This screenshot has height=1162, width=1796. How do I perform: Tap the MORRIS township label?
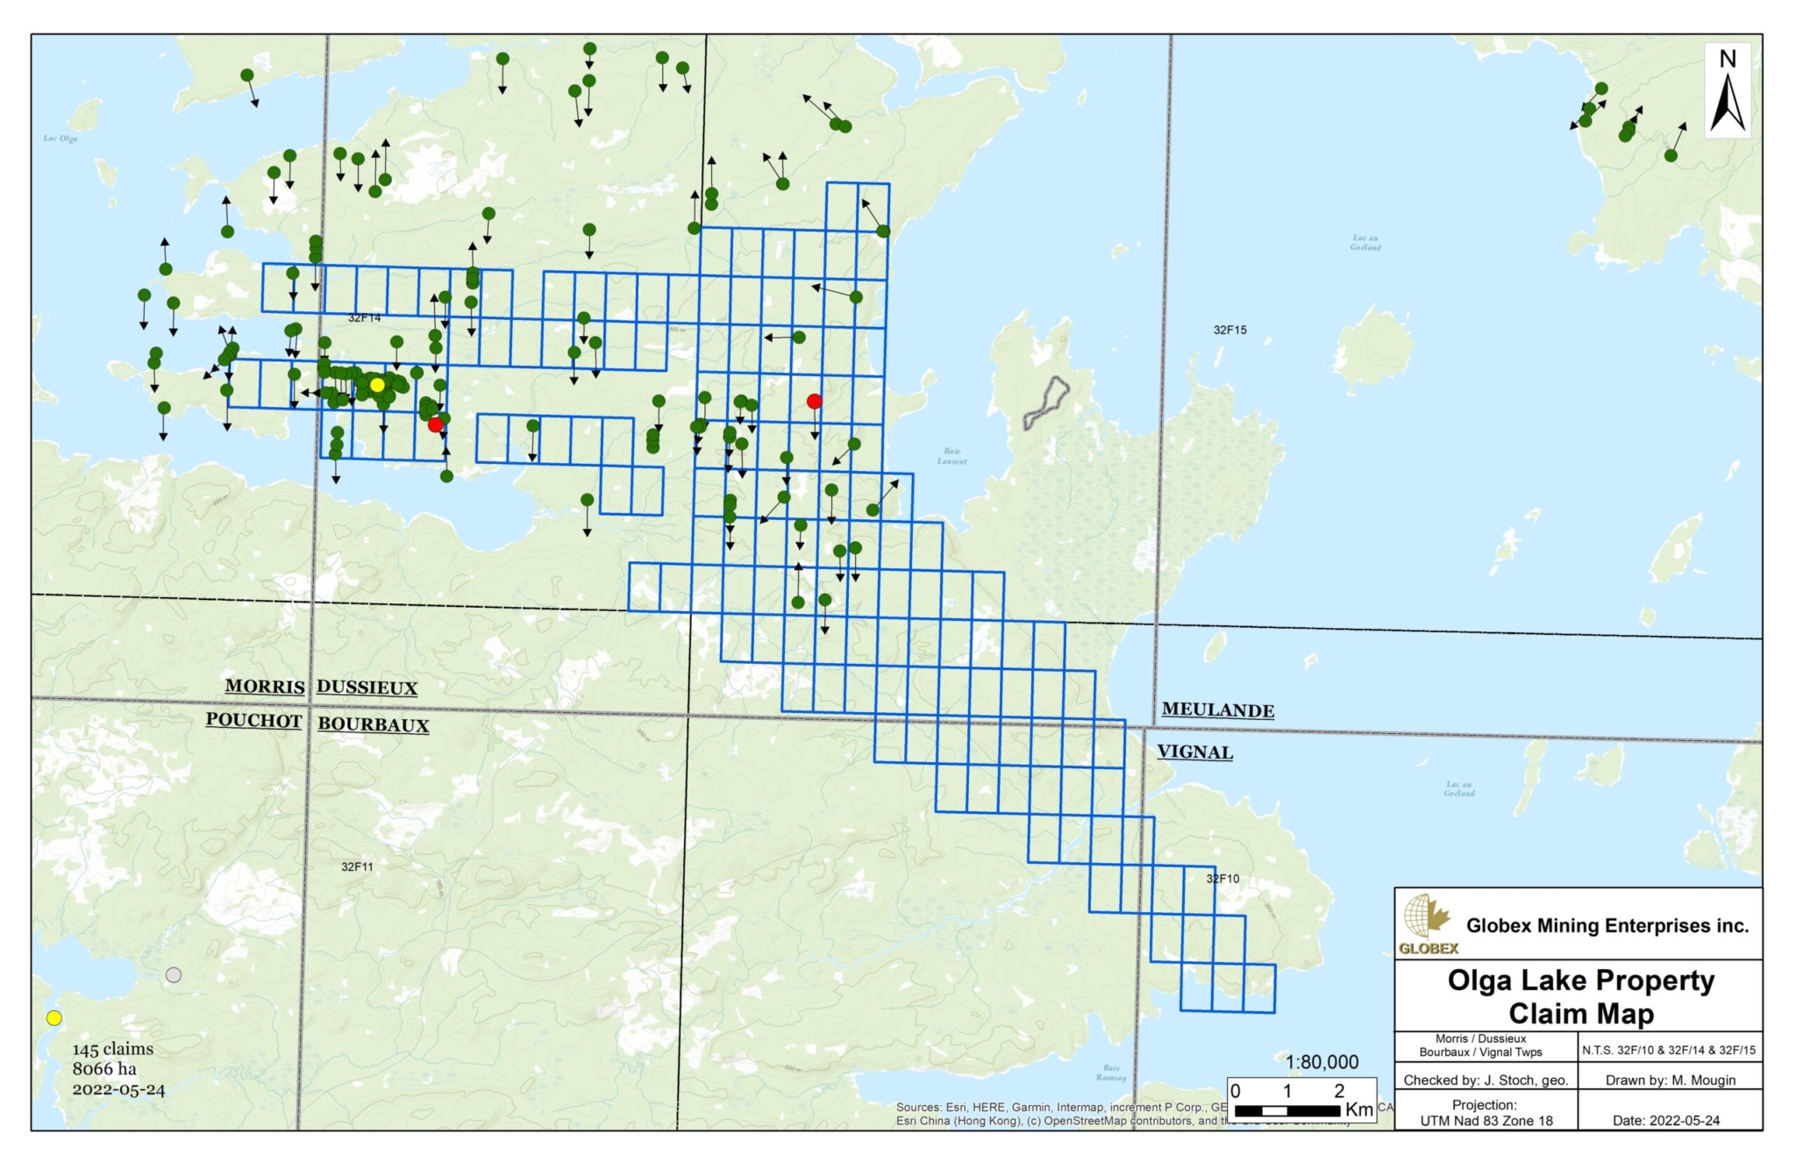click(x=265, y=687)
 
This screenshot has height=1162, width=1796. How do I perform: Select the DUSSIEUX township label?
click(x=367, y=688)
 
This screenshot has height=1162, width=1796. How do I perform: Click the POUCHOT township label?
click(x=253, y=721)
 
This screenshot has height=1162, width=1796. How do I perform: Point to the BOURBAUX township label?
click(x=373, y=725)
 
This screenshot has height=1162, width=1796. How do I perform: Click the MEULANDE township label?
click(x=1217, y=710)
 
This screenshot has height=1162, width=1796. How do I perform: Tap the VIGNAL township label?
click(x=1194, y=752)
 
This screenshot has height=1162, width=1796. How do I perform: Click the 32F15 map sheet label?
click(x=1229, y=330)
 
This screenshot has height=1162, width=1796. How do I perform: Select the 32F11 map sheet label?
click(x=357, y=866)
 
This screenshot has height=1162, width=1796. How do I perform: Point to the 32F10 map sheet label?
click(x=1222, y=879)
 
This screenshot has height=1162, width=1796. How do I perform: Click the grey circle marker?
click(x=174, y=975)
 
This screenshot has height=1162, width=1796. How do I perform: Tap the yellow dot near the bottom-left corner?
click(x=54, y=1018)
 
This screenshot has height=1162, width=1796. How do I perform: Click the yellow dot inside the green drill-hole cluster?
click(x=377, y=385)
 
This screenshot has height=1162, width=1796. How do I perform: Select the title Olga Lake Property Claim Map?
click(x=1580, y=996)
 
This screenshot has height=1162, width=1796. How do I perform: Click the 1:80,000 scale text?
click(x=1322, y=1062)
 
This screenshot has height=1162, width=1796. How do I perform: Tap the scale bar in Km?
click(x=1287, y=1110)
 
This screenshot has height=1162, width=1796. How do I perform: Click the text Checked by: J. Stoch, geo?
click(x=1486, y=1080)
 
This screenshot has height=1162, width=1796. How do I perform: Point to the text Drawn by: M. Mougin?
click(x=1670, y=1080)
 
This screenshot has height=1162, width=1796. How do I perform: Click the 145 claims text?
click(x=112, y=1049)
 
